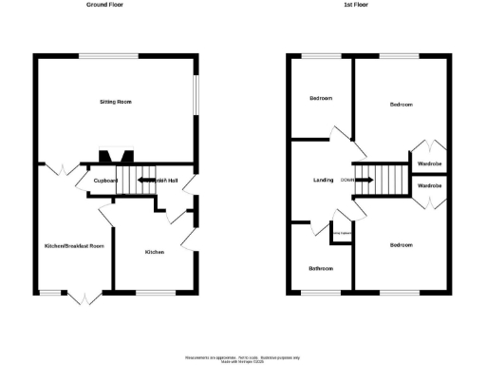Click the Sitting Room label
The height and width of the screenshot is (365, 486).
(117, 101)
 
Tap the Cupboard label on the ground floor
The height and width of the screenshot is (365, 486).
(105, 180)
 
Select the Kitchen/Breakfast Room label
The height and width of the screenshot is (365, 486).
(74, 245)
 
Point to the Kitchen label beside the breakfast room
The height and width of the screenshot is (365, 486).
(155, 252)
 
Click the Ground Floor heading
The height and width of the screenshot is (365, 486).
(104, 5)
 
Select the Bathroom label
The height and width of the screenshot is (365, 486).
(321, 268)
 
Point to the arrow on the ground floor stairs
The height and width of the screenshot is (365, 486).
(148, 179)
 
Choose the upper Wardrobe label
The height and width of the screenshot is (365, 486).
(429, 163)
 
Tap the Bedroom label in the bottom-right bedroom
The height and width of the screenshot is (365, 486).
(400, 245)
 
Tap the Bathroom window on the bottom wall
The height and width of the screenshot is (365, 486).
(321, 292)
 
